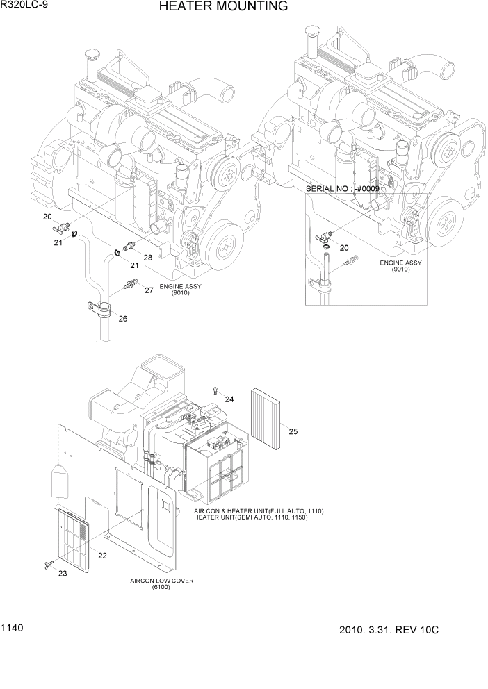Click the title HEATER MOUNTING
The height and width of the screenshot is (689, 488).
(x=222, y=8)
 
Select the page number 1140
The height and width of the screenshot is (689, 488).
(x=13, y=628)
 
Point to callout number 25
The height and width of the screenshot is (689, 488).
(x=293, y=431)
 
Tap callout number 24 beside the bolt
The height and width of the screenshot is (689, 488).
(x=229, y=399)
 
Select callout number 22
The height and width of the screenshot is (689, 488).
(x=102, y=555)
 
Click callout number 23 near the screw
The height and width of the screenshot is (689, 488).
(x=63, y=573)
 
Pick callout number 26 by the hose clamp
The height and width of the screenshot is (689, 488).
(x=122, y=319)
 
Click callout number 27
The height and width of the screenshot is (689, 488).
(x=149, y=290)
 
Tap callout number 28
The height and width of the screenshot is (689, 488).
(x=147, y=258)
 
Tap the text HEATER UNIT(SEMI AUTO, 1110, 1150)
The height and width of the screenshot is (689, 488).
(x=259, y=517)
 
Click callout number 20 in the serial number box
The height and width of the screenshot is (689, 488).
(x=343, y=247)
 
